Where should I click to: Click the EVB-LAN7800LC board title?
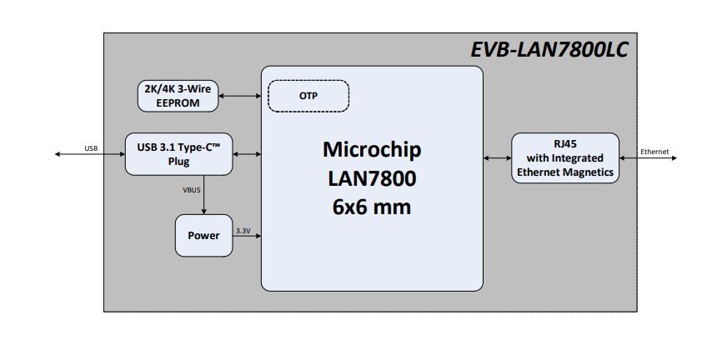(549, 50)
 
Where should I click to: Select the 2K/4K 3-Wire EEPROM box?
(178, 96)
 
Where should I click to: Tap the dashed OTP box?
(308, 96)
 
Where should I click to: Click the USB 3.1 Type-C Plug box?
(179, 154)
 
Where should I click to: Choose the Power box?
(203, 236)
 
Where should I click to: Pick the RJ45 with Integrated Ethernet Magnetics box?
(565, 157)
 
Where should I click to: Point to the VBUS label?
(192, 190)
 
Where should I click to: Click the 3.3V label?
(243, 229)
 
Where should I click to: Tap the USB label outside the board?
(91, 148)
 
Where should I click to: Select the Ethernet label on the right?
(654, 152)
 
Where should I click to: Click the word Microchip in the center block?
(372, 150)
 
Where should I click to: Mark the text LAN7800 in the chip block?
(372, 177)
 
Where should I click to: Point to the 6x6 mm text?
(372, 206)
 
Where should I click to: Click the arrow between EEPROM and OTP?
(240, 96)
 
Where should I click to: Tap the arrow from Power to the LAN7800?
(247, 237)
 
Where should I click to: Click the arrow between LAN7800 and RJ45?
(497, 157)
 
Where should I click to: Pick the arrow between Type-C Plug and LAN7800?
(248, 154)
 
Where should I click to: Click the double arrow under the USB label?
(90, 155)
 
